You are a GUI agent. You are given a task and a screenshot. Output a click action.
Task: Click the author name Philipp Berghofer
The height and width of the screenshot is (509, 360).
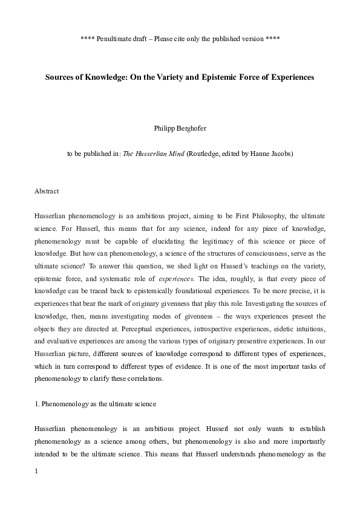point(180,128)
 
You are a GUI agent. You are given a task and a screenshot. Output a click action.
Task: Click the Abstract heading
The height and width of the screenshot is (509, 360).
point(47,192)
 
